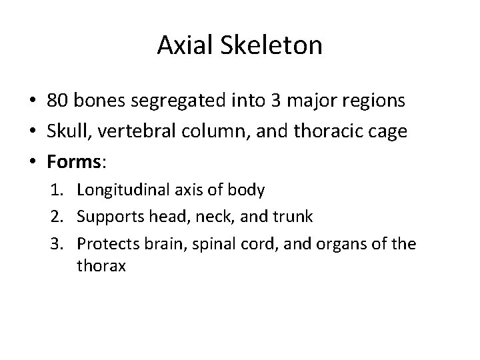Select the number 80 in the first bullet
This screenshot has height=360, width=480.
point(57,101)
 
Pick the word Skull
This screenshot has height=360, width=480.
point(65,132)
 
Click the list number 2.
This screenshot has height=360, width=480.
point(61,217)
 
